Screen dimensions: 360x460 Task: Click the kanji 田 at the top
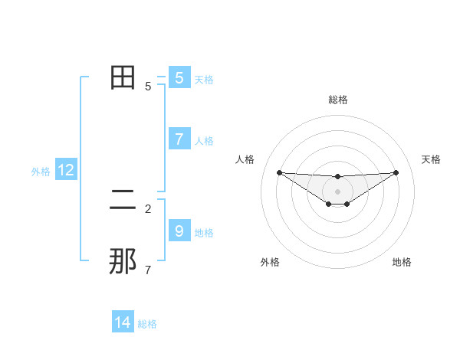(x=123, y=77)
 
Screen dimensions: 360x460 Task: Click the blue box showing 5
(x=179, y=78)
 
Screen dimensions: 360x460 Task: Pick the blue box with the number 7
(x=179, y=139)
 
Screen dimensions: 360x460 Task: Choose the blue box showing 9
(x=179, y=231)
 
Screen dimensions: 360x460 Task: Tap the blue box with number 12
(x=66, y=170)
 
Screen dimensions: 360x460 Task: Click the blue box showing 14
(x=123, y=323)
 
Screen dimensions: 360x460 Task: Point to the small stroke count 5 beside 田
(x=148, y=87)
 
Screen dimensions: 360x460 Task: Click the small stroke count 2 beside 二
(x=148, y=208)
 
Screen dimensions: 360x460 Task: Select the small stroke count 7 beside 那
(x=148, y=270)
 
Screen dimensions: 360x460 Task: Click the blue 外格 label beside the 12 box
(x=41, y=172)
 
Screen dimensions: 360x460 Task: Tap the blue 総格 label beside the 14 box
(x=147, y=325)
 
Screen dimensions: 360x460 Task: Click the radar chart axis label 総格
(x=337, y=100)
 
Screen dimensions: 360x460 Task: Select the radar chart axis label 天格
(x=432, y=159)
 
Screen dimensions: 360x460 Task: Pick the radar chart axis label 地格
(x=402, y=262)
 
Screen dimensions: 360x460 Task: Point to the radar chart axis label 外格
(x=270, y=262)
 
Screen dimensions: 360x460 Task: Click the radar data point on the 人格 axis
(x=279, y=172)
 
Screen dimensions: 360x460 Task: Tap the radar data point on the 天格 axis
(x=396, y=172)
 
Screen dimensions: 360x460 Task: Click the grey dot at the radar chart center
(x=337, y=191)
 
